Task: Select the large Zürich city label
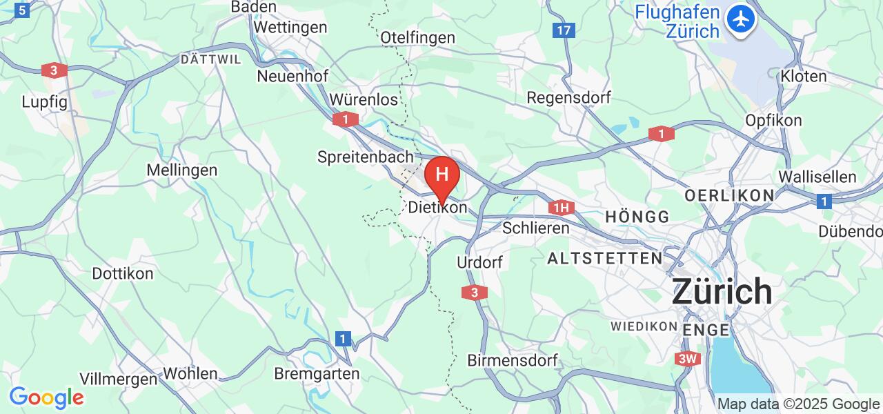(722, 291)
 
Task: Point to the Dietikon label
(437, 207)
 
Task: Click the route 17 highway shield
(564, 30)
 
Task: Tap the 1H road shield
(562, 207)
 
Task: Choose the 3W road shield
(688, 359)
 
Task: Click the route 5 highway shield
(23, 11)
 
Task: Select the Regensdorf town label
(568, 97)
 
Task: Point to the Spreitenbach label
(366, 157)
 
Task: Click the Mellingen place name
(182, 170)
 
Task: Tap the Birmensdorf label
(513, 360)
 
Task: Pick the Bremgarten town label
(317, 374)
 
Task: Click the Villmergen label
(118, 379)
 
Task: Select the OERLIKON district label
(729, 196)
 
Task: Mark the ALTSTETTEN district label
(605, 259)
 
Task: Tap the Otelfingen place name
(417, 37)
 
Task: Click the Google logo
(46, 397)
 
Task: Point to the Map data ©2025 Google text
(798, 404)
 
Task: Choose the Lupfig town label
(44, 101)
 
